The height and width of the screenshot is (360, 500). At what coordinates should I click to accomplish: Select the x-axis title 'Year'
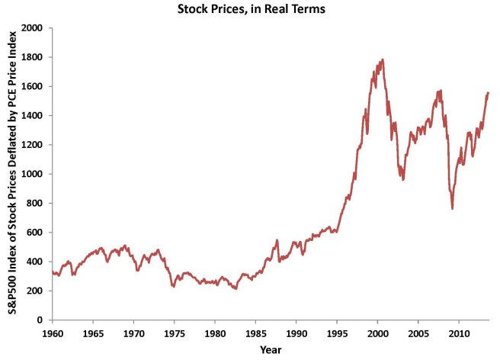click(271, 349)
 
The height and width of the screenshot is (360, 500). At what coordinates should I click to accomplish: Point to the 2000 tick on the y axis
click(34, 28)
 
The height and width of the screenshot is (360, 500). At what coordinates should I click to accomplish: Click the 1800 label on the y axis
click(34, 57)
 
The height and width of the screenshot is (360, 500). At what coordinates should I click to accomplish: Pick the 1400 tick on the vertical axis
click(34, 116)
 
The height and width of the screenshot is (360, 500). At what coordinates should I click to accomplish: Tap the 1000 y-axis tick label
click(34, 174)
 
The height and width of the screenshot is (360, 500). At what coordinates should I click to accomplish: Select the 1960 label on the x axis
click(52, 333)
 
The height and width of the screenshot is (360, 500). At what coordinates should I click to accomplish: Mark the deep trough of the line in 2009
click(453, 208)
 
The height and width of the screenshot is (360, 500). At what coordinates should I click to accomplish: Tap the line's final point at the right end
click(489, 93)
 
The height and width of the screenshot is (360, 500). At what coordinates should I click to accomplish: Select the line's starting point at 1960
click(52, 272)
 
